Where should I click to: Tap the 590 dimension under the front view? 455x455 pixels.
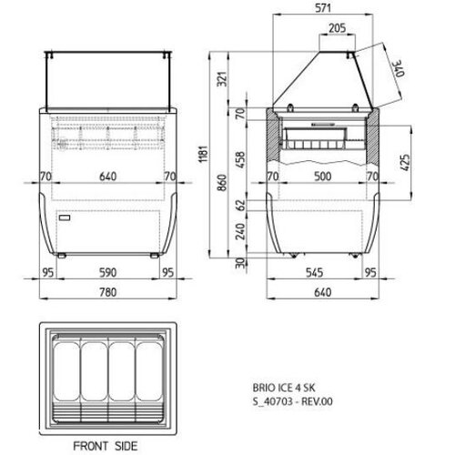click(108, 271)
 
